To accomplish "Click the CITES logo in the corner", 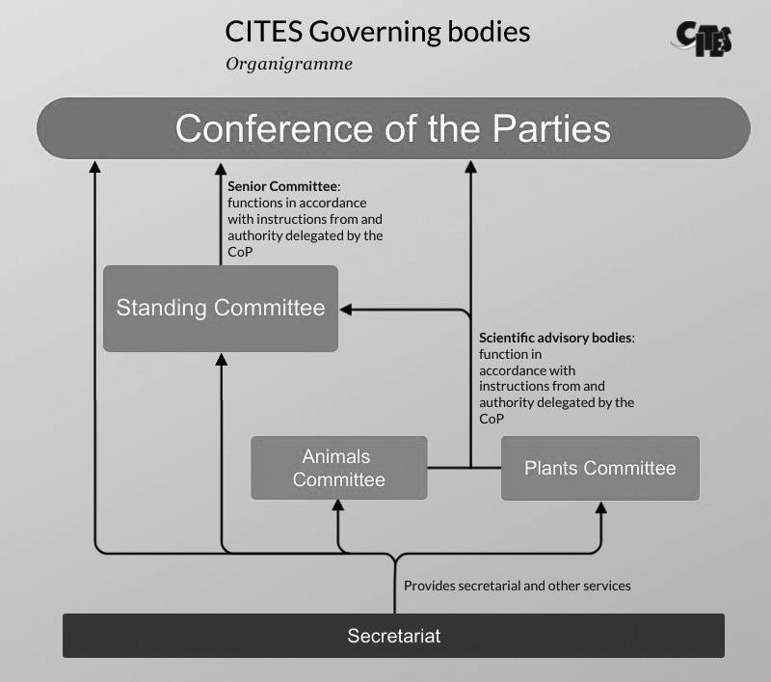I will click(703, 37).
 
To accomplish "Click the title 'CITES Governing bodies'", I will click(377, 31).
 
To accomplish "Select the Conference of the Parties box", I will click(393, 128).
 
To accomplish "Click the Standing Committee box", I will click(221, 309).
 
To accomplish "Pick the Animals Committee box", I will click(338, 468).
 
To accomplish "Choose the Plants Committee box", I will click(599, 468).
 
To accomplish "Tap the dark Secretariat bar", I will click(393, 636).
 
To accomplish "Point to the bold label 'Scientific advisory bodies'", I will click(557, 339).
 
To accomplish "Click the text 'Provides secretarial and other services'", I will click(517, 586).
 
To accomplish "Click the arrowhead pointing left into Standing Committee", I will click(347, 309).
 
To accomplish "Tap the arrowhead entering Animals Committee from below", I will click(338, 506).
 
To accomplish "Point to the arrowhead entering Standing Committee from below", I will click(222, 359).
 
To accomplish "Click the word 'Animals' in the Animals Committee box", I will click(336, 456).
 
